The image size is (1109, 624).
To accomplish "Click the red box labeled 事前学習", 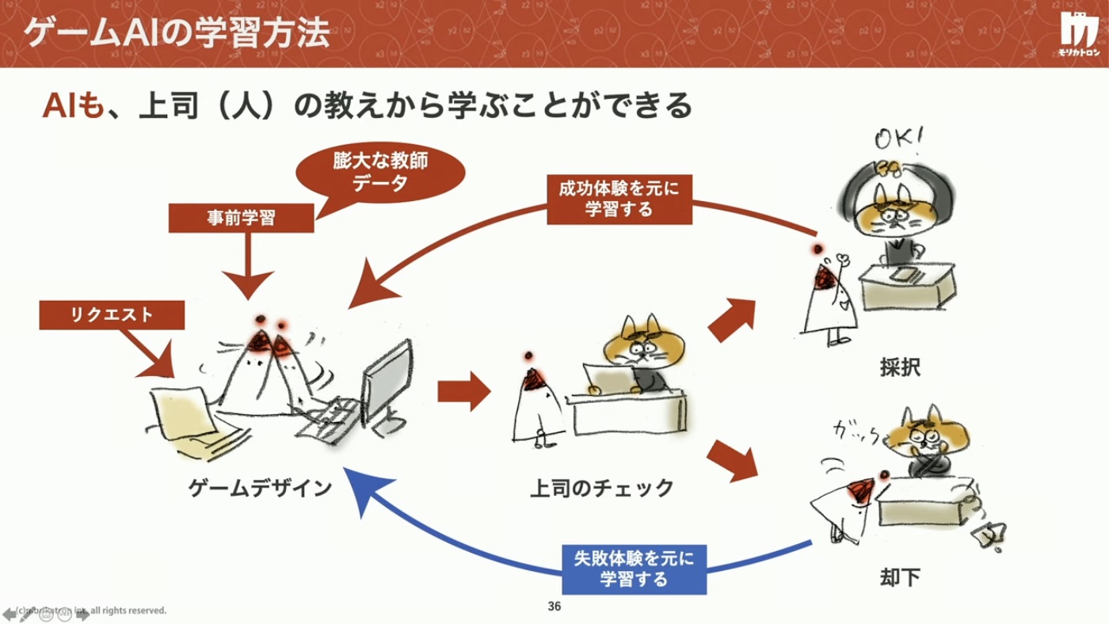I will [242, 218].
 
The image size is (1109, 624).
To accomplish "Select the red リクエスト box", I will [112, 314].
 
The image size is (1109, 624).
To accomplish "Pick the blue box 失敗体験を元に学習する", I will [633, 569].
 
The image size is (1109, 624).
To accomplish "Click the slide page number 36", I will [554, 607].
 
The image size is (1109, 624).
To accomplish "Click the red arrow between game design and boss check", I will [463, 390].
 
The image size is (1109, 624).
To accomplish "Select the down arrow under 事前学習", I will [246, 266].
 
